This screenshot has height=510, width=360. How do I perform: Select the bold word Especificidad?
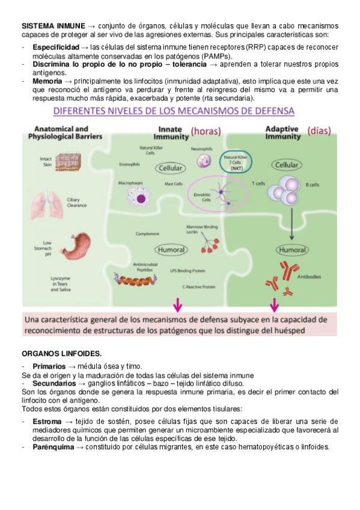(x=56, y=46)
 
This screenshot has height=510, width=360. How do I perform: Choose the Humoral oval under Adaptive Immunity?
(x=293, y=249)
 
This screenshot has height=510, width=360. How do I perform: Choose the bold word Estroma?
(x=46, y=422)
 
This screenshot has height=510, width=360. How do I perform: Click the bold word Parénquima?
(x=53, y=446)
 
